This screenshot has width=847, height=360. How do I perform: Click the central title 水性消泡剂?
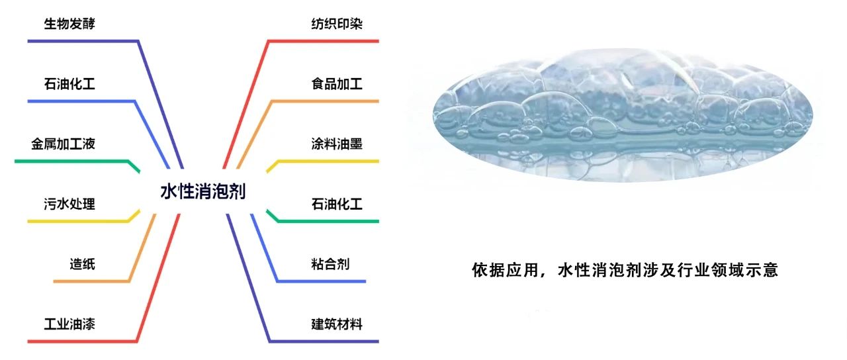203,191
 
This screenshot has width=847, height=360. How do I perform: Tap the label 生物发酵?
69,24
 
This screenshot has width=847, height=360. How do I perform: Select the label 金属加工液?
63,144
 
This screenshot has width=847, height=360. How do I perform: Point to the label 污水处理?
69,204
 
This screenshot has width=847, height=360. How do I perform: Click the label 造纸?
83,264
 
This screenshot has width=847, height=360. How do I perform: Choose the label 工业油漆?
69,324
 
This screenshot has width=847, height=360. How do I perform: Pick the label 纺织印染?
337,24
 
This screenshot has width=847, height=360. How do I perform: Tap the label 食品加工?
337,84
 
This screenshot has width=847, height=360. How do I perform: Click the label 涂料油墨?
337,144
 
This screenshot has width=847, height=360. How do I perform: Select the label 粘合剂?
330,264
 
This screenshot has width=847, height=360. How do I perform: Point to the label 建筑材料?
337,324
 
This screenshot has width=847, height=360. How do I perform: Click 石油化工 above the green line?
337,204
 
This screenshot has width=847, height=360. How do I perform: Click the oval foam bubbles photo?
623,114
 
